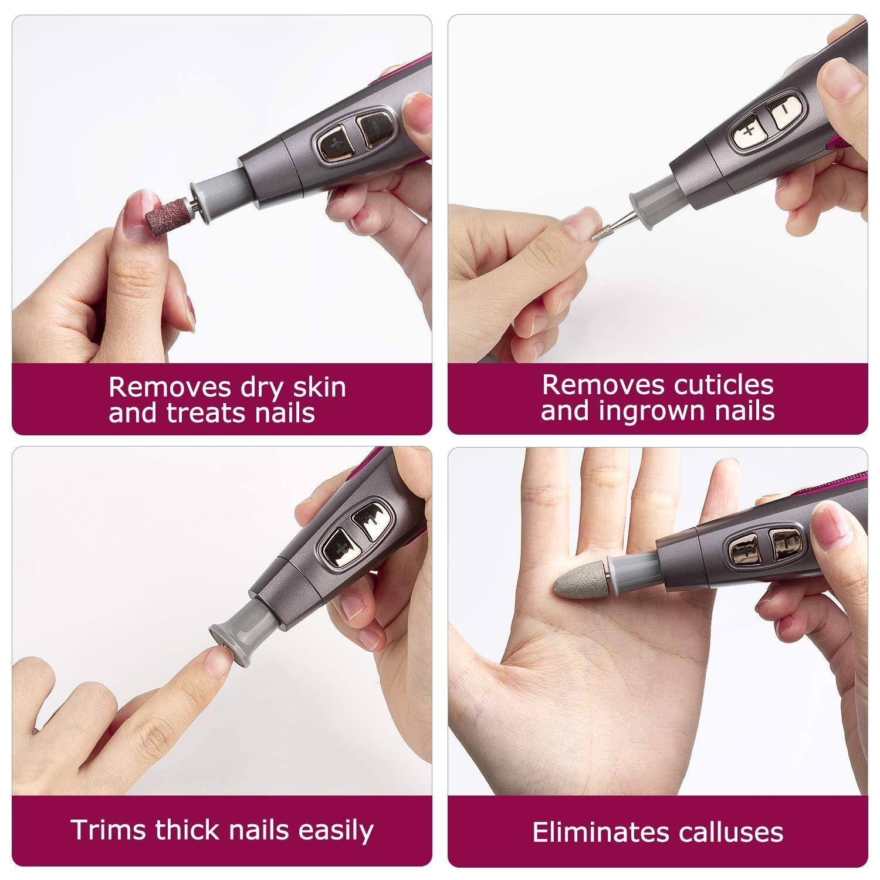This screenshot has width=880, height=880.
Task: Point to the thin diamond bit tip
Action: pos(598,231)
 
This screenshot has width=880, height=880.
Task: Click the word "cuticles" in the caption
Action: pos(715,385)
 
